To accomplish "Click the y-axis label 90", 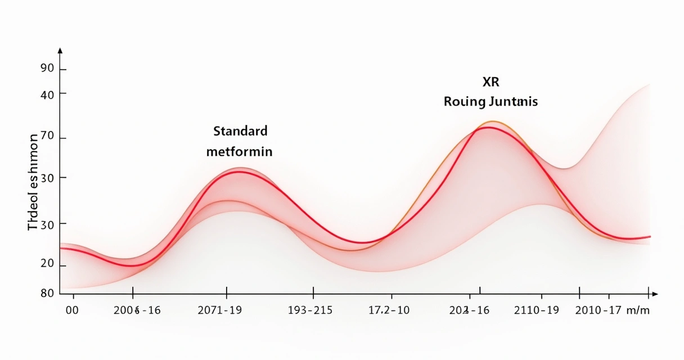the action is coord(47,69).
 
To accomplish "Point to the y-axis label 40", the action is coord(47,94).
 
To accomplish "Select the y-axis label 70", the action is coord(47,138).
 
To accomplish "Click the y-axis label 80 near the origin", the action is coord(47,293).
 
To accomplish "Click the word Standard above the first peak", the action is coord(240,132).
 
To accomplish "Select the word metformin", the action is coord(239,152).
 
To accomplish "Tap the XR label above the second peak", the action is coord(490,82).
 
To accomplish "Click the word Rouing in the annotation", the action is coord(464,102).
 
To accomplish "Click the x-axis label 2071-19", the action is coord(220,310).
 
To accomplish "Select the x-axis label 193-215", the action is coord(310,310).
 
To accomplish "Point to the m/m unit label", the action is coord(638,310).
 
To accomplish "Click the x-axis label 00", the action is coord(72,310).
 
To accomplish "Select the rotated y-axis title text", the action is coord(33,182).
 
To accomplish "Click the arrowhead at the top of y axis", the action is coord(60,50).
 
